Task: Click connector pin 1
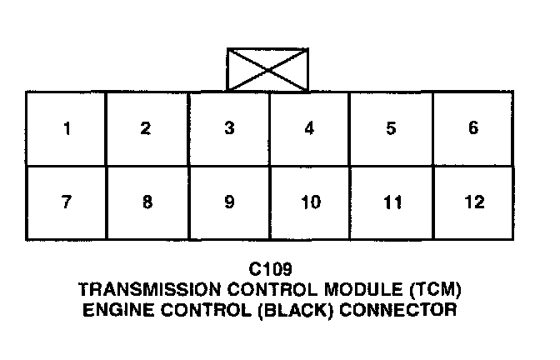pyautogui.click(x=66, y=128)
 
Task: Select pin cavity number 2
pyautogui.click(x=147, y=128)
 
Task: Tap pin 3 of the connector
pyautogui.click(x=229, y=128)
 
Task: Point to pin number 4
pyautogui.click(x=309, y=128)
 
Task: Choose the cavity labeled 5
pyautogui.click(x=391, y=128)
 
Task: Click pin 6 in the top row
pyautogui.click(x=473, y=128)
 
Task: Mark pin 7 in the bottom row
pyautogui.click(x=66, y=202)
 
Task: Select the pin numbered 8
pyautogui.click(x=147, y=202)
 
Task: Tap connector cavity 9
pyautogui.click(x=229, y=202)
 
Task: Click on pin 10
pyautogui.click(x=310, y=202)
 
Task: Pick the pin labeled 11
pyautogui.click(x=392, y=202)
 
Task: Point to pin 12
pyautogui.click(x=473, y=202)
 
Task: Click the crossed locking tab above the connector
pyautogui.click(x=267, y=70)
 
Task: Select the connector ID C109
pyautogui.click(x=268, y=270)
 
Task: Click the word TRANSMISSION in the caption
pyautogui.click(x=137, y=290)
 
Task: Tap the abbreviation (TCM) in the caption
pyautogui.click(x=432, y=290)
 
